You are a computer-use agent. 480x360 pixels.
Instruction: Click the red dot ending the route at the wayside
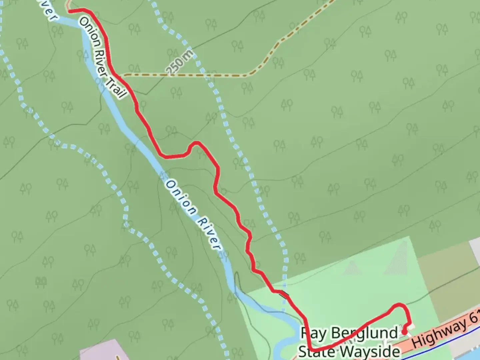pyautogui.click(x=404, y=332)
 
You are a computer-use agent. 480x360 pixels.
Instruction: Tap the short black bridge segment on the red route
pyautogui.click(x=284, y=294)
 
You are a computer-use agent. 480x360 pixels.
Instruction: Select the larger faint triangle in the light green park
pyautogui.click(x=397, y=258)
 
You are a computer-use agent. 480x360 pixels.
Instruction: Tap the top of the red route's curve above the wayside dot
pyautogui.click(x=399, y=304)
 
